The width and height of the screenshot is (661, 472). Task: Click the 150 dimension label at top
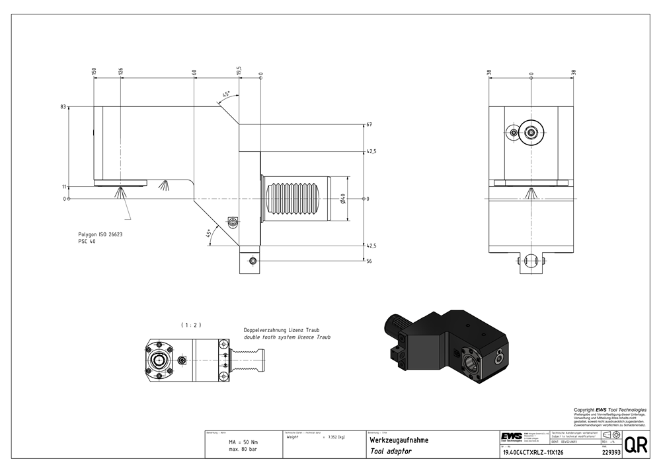pos(95,71)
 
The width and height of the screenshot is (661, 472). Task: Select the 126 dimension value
pos(121,71)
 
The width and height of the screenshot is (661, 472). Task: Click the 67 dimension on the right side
pos(369,124)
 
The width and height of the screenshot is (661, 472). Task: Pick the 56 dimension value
pos(369,261)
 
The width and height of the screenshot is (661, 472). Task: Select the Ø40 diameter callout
pos(343,198)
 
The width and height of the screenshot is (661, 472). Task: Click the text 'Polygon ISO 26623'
pos(100,234)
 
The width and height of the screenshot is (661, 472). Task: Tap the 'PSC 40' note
pos(87,242)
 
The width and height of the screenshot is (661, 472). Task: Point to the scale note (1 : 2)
pos(190,324)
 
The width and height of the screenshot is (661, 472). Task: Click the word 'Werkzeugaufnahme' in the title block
pos(399,440)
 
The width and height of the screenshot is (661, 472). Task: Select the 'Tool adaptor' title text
pos(391,451)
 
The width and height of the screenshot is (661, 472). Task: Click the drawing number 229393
pos(611,453)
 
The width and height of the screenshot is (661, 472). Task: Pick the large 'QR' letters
pos(636,445)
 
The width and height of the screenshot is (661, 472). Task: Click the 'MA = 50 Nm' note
pos(243,442)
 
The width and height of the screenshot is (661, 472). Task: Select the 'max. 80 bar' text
pos(243,449)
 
